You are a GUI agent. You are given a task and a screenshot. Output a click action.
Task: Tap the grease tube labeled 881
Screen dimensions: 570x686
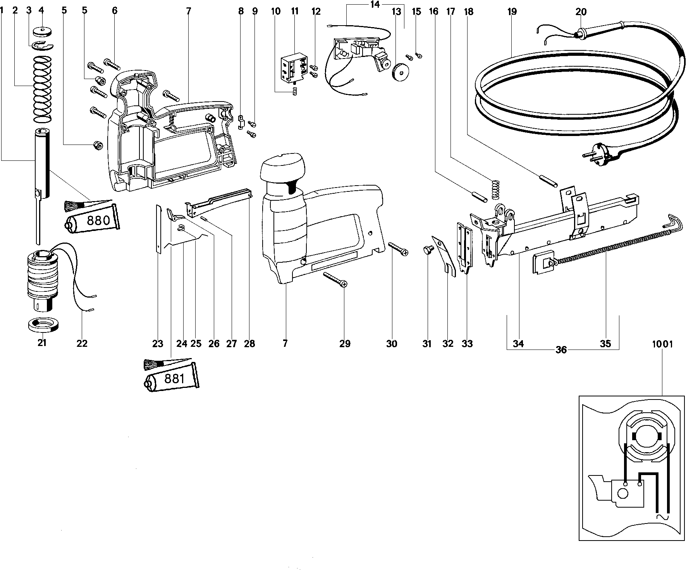coord(172,378)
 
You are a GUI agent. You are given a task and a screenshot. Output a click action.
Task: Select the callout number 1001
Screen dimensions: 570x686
coord(662,344)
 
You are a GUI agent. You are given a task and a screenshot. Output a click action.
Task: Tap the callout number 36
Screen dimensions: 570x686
coord(561,350)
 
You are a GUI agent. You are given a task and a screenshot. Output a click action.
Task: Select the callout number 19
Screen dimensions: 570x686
coord(512,12)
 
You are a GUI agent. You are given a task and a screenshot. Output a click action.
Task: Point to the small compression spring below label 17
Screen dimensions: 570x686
coord(495,189)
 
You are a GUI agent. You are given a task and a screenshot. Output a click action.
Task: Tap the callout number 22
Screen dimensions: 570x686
coord(82,343)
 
